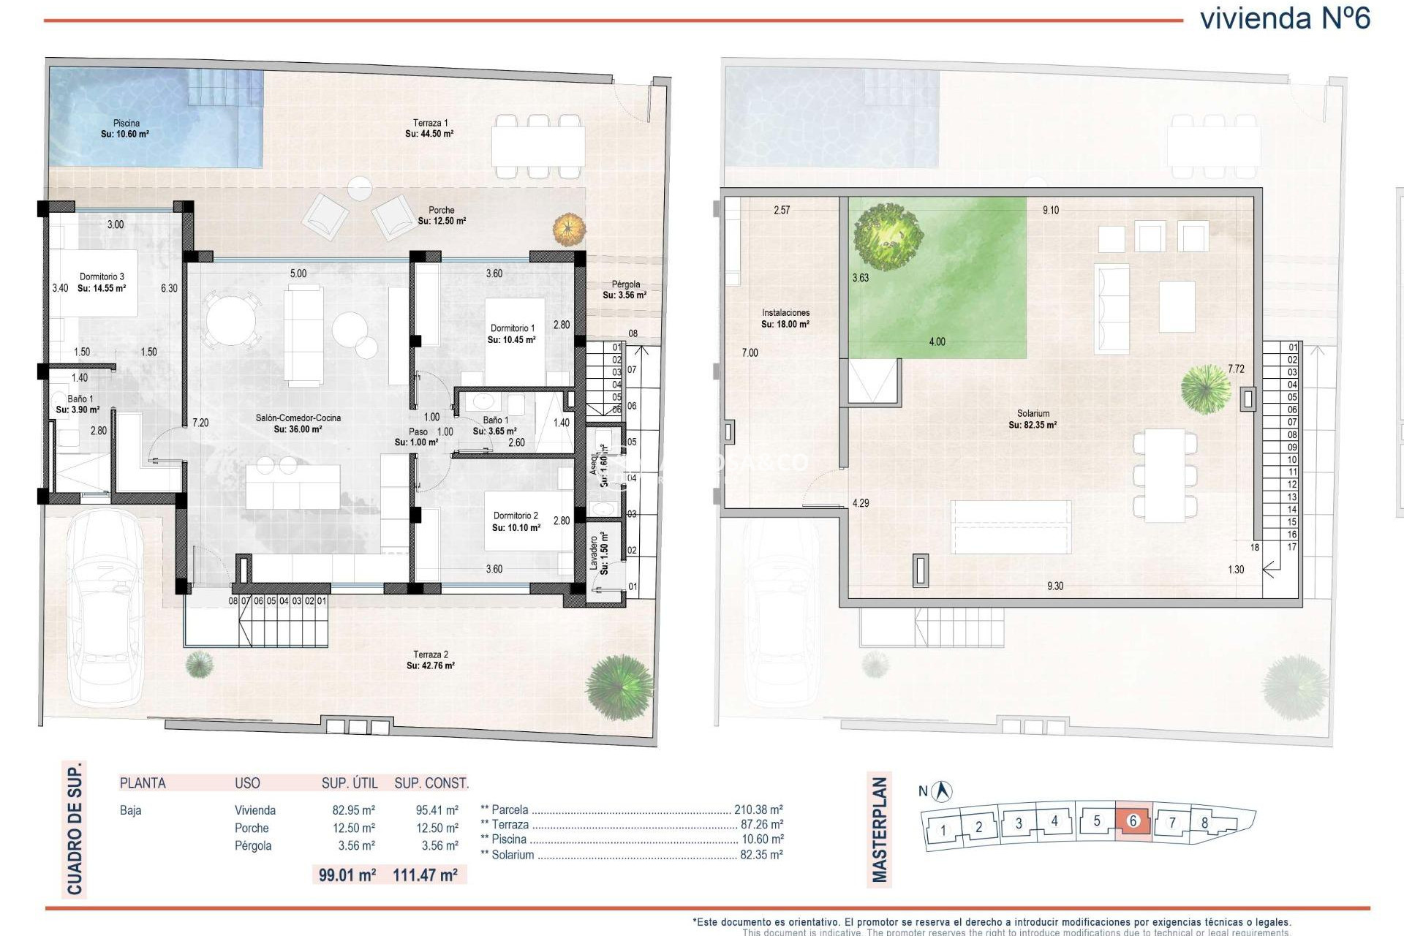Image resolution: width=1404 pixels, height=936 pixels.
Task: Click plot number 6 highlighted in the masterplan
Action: pos(1133,821)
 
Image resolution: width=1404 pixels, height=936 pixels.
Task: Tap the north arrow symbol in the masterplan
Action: pos(943,790)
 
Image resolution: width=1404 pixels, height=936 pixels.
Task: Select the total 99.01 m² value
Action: pos(347,875)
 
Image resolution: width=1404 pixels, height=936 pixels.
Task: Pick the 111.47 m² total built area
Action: pos(425,875)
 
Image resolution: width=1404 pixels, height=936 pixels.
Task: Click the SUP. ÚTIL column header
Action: pos(350,783)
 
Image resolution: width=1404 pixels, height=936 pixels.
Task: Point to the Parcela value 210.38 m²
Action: pos(758,810)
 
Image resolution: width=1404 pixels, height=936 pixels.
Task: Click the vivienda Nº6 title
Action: pos(1285,18)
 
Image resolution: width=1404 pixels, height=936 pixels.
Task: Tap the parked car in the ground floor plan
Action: pos(104,607)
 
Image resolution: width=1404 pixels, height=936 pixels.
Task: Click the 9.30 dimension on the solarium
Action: pos(1054,586)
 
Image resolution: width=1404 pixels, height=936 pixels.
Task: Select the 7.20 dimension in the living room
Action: pos(200,423)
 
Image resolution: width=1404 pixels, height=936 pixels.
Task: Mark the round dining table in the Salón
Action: pos(230,319)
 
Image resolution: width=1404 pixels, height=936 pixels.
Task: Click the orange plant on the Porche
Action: pos(569,230)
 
